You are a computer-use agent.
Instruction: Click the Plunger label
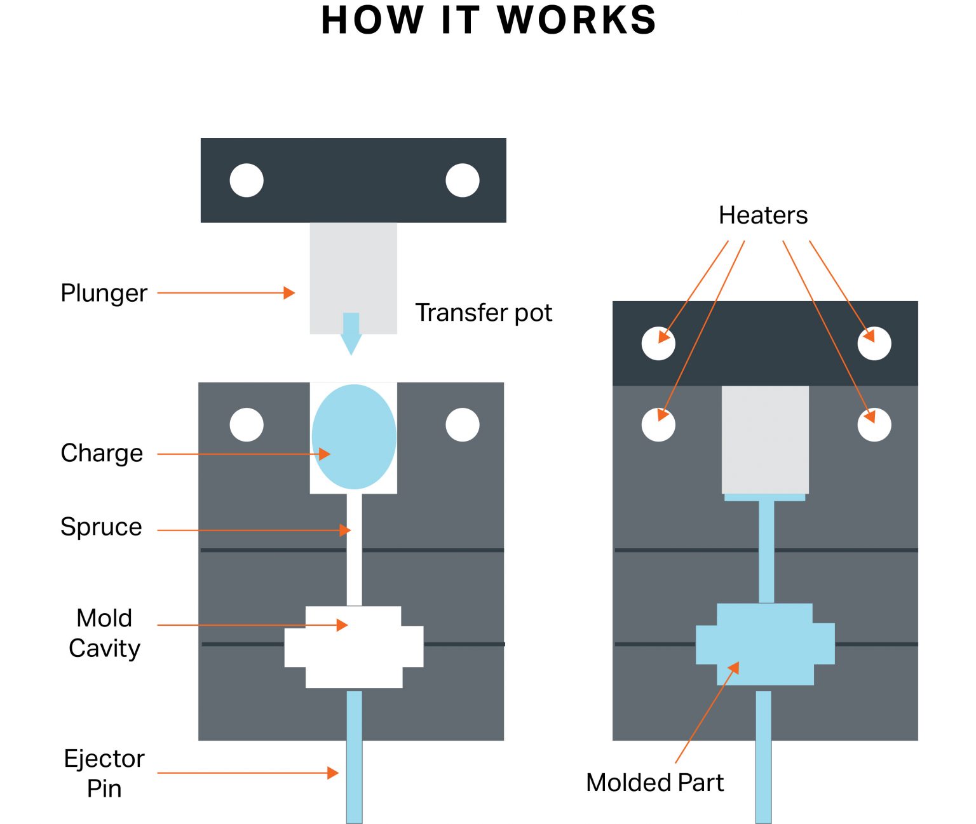point(104,294)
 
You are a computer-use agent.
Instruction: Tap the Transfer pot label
point(484,313)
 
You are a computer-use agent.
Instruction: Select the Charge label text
point(102,453)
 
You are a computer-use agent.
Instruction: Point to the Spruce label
point(101,527)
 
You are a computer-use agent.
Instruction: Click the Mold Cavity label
point(104,633)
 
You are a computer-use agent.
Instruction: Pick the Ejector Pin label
point(104,773)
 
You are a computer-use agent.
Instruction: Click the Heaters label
point(763,215)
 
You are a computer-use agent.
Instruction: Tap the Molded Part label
point(654,782)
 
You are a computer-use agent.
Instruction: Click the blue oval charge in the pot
point(354,436)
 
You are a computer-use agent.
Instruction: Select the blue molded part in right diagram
point(765,644)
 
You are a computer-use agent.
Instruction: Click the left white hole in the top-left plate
point(247,180)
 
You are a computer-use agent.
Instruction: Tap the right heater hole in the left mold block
point(463,424)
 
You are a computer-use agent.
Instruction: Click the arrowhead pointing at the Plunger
point(289,293)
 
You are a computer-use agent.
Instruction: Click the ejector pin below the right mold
point(763,762)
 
